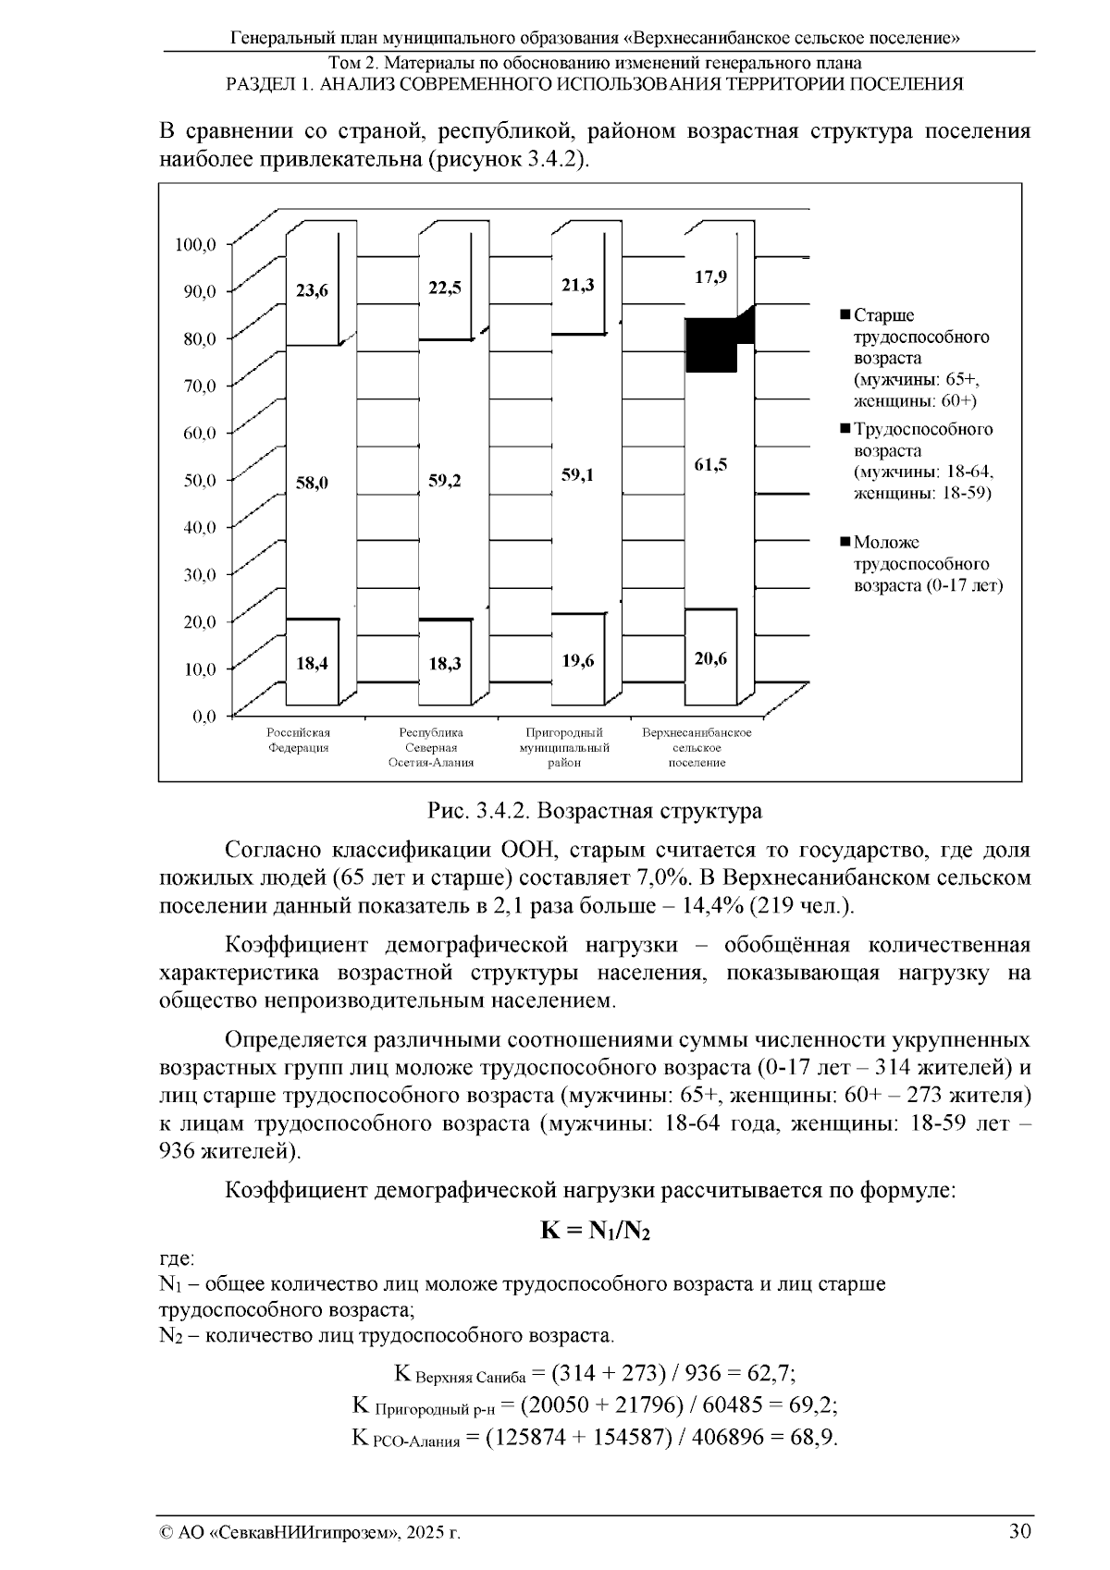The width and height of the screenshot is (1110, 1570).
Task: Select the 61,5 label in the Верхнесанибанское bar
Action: tap(710, 465)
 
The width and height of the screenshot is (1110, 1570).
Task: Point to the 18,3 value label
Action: tap(445, 664)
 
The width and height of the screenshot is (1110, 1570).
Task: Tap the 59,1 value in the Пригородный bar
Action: tap(578, 475)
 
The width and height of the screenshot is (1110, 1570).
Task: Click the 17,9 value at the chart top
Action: tap(710, 276)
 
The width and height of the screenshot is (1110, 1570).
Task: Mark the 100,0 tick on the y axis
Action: tap(195, 244)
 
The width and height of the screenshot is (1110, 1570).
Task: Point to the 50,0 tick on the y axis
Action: tap(195, 480)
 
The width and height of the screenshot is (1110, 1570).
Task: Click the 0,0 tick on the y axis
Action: tap(203, 716)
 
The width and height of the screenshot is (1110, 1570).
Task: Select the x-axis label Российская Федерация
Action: tap(298, 741)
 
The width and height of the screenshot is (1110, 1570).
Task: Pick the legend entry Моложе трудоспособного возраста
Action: tap(925, 563)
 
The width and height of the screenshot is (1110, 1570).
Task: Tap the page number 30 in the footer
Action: tap(1019, 1530)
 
